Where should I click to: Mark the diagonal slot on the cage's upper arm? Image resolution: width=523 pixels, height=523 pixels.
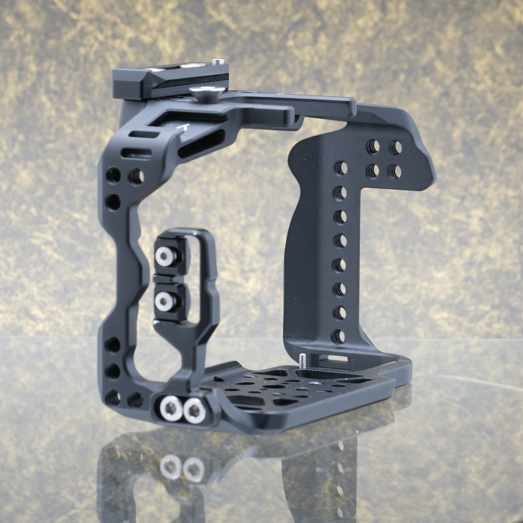(x=201, y=144)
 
